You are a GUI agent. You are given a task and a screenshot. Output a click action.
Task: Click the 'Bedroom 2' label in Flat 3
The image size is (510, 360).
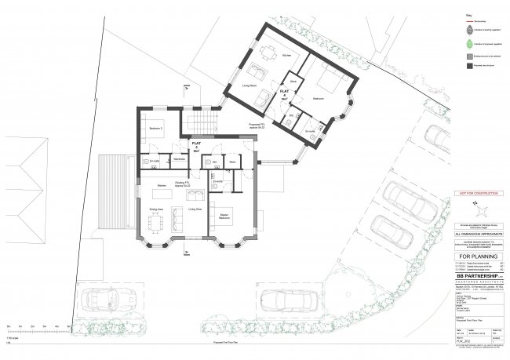[x=155, y=127]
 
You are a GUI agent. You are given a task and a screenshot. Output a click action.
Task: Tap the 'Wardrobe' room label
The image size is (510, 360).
[x=179, y=159]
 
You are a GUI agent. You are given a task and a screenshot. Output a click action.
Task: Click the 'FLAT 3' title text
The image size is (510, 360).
[x=194, y=146]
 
